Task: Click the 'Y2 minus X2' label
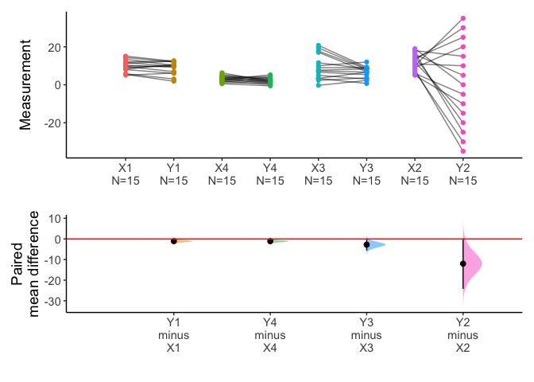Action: [462, 334]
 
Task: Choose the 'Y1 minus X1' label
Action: [174, 334]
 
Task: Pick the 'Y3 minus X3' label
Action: [366, 334]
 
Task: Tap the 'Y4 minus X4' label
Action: [270, 334]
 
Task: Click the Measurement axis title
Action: [26, 86]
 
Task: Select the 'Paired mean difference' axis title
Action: [26, 264]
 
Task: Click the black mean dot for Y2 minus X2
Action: [462, 263]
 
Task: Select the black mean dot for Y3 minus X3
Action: [366, 245]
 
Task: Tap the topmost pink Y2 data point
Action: [462, 18]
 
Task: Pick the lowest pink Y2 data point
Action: [462, 151]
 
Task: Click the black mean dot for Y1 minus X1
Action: [174, 241]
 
